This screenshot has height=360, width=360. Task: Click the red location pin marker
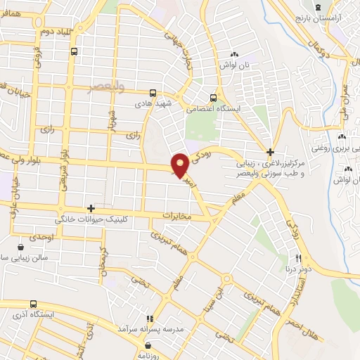180,165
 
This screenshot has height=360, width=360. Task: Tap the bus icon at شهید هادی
153,92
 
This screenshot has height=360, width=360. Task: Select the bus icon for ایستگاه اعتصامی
213,98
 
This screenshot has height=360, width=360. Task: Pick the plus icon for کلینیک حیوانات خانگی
91,208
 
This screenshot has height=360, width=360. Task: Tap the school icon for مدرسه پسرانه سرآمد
149,318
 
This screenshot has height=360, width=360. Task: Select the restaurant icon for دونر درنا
298,258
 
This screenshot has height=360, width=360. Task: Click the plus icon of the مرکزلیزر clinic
270,152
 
